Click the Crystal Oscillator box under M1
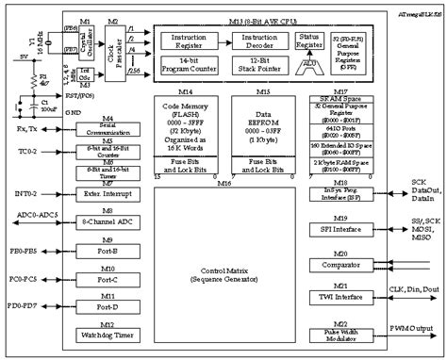coord(85,45)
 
